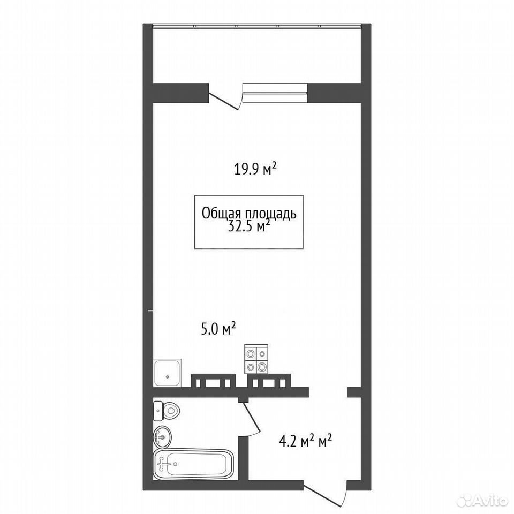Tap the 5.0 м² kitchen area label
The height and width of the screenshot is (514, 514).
coord(218,329)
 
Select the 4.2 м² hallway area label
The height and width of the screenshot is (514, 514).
coord(305,441)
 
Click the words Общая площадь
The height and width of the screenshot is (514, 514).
coord(249,214)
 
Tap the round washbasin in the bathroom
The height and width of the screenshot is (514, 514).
coord(162,437)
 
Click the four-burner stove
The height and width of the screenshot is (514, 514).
coord(256,359)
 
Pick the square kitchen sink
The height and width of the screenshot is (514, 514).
coord(167,373)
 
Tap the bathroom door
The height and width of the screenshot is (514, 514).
coord(251,418)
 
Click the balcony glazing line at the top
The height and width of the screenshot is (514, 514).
coord(257,25)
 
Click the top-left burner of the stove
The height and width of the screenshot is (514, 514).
coord(251,354)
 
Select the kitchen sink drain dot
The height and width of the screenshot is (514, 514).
coord(168,376)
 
